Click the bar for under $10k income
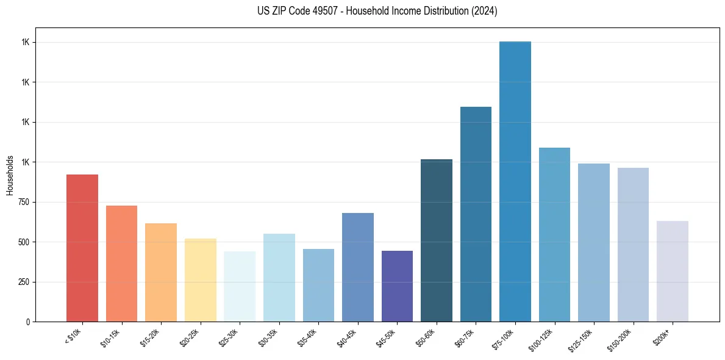pos(82,248)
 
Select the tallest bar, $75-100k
pos(515,181)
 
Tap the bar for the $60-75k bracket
pos(476,214)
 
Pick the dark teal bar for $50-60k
pos(437,240)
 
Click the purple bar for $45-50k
pos(397,286)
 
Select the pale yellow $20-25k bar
pos(200,280)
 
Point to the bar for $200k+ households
pos(673,271)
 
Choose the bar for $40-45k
pos(357,267)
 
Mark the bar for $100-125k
pos(554,234)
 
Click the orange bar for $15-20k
pos(161,272)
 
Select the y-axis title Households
pos(10,175)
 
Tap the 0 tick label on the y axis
pos(28,322)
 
